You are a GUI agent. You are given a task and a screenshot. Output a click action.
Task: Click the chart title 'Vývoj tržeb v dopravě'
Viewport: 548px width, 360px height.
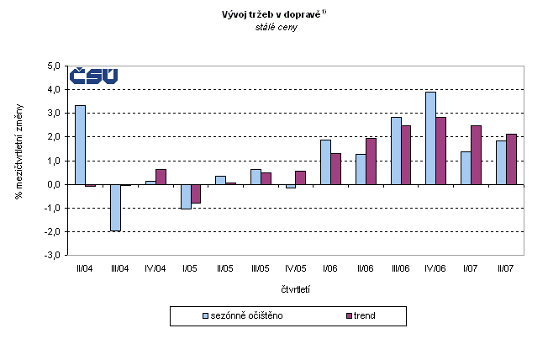click(274, 13)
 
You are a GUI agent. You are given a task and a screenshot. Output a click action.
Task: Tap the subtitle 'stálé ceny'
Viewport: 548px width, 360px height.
click(277, 27)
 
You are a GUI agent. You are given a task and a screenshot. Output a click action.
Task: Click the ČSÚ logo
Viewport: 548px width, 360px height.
click(93, 76)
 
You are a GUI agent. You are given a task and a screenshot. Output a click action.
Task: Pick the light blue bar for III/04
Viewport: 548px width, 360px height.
click(115, 207)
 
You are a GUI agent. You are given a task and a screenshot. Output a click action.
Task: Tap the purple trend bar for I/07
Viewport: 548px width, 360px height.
click(476, 155)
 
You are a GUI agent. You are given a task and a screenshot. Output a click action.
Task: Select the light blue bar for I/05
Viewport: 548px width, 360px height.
click(185, 196)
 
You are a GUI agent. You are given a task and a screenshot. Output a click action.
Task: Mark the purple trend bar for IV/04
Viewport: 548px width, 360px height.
click(161, 177)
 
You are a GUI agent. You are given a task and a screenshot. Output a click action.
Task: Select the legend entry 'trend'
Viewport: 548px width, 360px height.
click(364, 315)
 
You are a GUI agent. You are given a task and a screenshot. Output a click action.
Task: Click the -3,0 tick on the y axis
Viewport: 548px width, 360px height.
click(55, 255)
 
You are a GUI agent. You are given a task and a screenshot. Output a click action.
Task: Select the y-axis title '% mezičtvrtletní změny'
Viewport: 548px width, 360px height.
click(18, 161)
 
